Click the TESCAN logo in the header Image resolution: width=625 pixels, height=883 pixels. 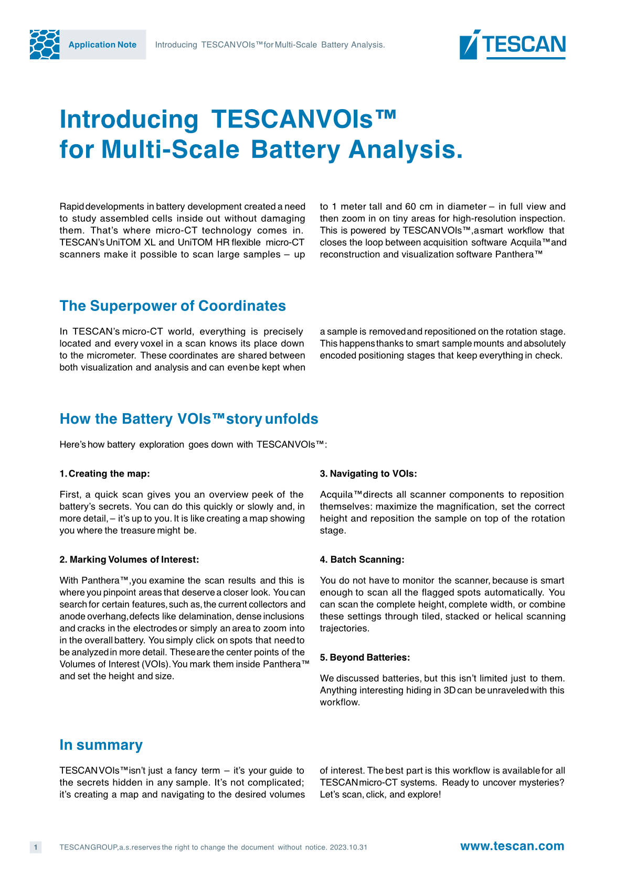click(512, 44)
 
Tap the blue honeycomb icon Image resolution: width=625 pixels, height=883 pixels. click(45, 45)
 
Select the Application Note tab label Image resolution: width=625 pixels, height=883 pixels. click(102, 45)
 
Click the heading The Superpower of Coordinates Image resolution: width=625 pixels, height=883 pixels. click(173, 306)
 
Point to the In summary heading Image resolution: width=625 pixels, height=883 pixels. click(101, 745)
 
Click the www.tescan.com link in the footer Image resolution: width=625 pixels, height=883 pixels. click(512, 846)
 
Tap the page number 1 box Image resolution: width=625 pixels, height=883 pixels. click(36, 847)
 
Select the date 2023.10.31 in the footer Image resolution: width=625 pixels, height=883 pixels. click(348, 847)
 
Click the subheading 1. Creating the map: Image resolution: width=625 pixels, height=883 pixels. click(104, 473)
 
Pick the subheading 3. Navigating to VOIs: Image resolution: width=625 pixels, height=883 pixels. click(368, 473)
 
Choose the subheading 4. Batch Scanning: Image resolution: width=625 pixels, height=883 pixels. click(362, 559)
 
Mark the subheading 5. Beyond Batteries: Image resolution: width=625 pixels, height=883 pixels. click(365, 657)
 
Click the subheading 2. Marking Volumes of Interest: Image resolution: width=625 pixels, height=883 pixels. click(129, 559)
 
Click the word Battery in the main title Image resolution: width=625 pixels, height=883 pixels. click(295, 149)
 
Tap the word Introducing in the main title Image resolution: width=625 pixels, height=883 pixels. click(129, 120)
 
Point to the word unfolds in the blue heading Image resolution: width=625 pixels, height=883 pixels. click(291, 419)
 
